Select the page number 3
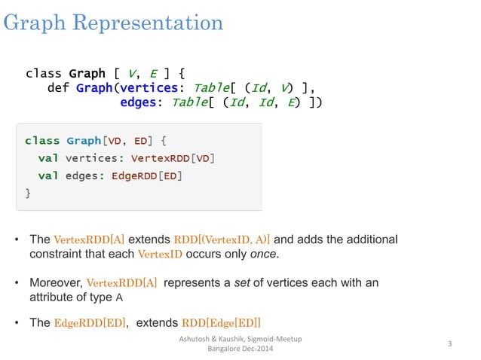[x=449, y=344]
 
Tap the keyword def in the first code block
[x=58, y=88]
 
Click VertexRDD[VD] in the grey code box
[x=173, y=158]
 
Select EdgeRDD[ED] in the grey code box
[x=147, y=175]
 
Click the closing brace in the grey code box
[x=28, y=193]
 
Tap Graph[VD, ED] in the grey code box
[x=112, y=141]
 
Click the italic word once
[x=264, y=254]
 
